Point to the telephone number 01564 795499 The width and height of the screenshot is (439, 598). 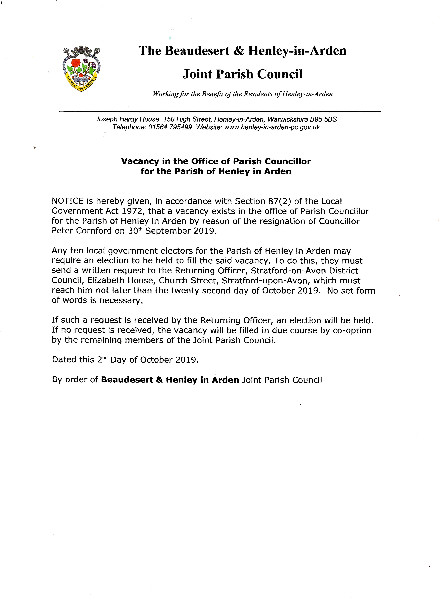[x=170, y=127]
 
